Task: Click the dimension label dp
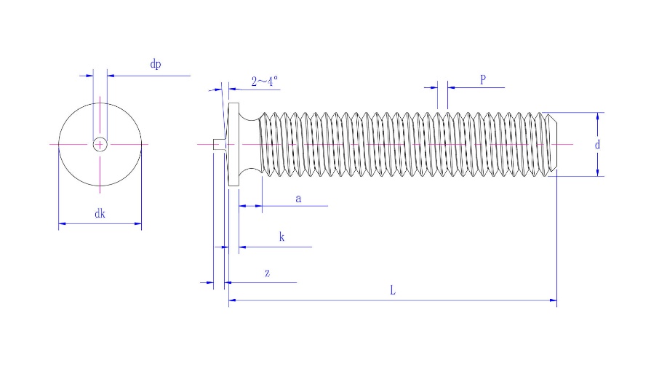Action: (x=155, y=64)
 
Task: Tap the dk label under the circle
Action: (x=100, y=214)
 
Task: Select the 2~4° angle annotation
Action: (x=265, y=81)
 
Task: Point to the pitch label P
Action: (x=483, y=79)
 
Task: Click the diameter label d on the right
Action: (x=597, y=145)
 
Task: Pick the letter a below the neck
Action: (x=298, y=199)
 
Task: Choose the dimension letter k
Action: (x=282, y=237)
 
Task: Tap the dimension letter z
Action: (x=268, y=274)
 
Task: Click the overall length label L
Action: (x=393, y=290)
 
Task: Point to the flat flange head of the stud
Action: (x=233, y=144)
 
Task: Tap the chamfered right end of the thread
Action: (x=553, y=144)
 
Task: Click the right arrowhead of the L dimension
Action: (x=554, y=300)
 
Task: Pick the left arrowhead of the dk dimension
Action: (x=62, y=223)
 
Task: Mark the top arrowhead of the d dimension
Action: (x=597, y=116)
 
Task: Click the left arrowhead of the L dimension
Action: (x=232, y=300)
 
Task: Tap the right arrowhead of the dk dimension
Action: (x=138, y=223)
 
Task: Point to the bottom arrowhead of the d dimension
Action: (x=597, y=173)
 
